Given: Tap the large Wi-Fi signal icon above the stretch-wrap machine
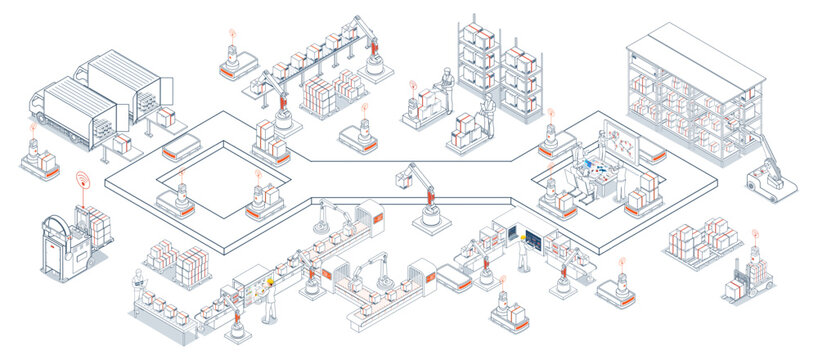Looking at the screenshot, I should tap(80, 184).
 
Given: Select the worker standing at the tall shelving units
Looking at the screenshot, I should tap(488, 115).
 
